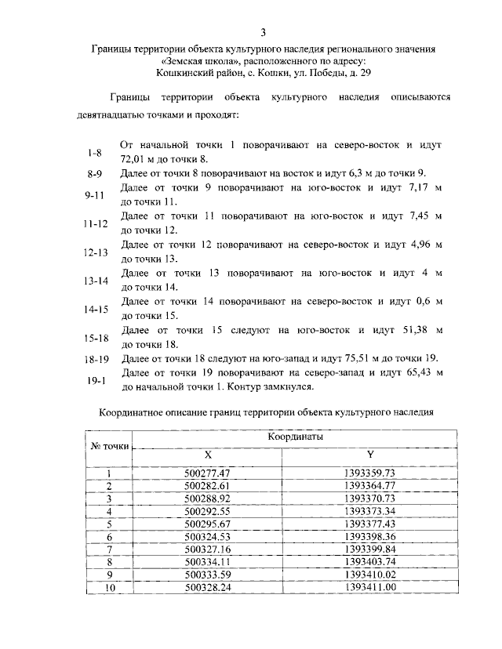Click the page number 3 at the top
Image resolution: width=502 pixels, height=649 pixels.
(x=264, y=32)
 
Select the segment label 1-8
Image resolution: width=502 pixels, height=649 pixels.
(x=95, y=152)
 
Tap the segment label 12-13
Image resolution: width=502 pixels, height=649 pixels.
(x=95, y=252)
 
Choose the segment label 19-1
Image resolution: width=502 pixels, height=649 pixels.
(x=95, y=380)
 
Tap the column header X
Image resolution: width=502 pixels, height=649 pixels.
(x=207, y=455)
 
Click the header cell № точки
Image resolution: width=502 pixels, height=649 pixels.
(x=110, y=446)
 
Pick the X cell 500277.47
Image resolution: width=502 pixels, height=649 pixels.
(x=207, y=473)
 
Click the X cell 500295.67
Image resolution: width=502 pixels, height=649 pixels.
(x=207, y=524)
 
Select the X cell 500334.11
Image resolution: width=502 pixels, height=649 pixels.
(x=207, y=561)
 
